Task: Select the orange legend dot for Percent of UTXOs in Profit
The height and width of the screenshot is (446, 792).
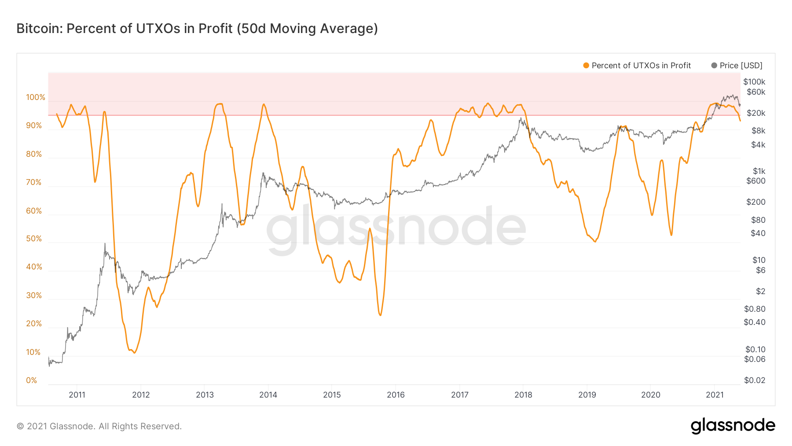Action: pyautogui.click(x=586, y=66)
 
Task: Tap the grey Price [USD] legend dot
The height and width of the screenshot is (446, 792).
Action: pyautogui.click(x=714, y=66)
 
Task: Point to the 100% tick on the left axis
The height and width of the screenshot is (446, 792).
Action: pyautogui.click(x=36, y=97)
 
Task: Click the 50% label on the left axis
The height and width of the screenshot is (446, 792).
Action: pyautogui.click(x=34, y=239)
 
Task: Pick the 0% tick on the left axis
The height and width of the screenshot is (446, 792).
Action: pyautogui.click(x=32, y=380)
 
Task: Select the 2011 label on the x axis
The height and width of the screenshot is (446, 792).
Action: pyautogui.click(x=77, y=394)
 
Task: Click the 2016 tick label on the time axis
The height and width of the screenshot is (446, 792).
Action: pyautogui.click(x=396, y=394)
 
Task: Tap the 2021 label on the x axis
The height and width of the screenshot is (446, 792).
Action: pyautogui.click(x=715, y=394)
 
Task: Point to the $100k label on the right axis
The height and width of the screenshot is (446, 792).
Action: pyautogui.click(x=754, y=81)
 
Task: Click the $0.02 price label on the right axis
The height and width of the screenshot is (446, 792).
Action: pyautogui.click(x=755, y=380)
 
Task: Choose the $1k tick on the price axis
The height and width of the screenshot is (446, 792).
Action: pyautogui.click(x=759, y=171)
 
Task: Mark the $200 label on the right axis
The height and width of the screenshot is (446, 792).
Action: pyautogui.click(x=756, y=202)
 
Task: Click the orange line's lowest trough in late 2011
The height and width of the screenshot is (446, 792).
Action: pyautogui.click(x=134, y=353)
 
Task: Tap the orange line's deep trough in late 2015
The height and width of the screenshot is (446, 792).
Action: pyautogui.click(x=380, y=315)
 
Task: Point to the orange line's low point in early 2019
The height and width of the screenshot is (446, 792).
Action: pyautogui.click(x=595, y=241)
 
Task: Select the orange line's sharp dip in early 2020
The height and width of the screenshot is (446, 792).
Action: pyautogui.click(x=671, y=235)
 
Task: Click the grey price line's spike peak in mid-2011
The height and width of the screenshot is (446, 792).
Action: pyautogui.click(x=105, y=243)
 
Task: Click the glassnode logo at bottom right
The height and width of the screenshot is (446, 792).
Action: pyautogui.click(x=733, y=426)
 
